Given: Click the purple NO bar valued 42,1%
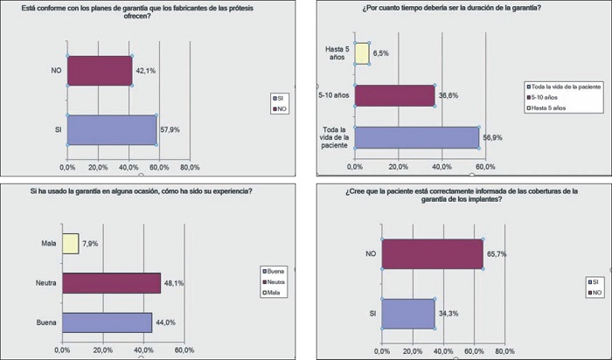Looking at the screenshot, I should [99, 72].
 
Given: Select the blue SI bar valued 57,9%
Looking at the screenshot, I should [111, 129].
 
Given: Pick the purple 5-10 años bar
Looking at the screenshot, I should [394, 94].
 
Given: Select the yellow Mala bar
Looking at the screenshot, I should [70, 243].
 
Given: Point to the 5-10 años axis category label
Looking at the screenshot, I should [335, 94].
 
